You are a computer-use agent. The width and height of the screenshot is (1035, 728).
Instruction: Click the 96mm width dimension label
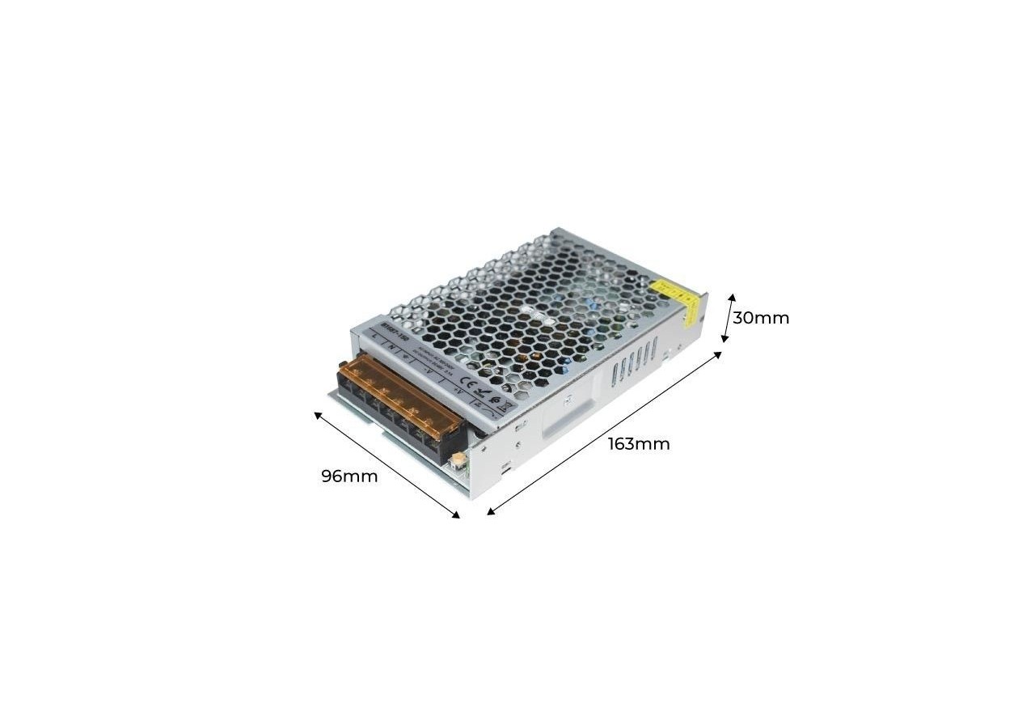coord(349,476)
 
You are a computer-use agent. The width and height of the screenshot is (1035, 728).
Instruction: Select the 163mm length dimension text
coord(639,444)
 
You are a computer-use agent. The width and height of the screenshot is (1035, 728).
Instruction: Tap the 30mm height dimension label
coord(761,318)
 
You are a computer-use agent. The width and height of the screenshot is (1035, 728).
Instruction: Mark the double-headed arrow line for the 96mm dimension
coord(387,463)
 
